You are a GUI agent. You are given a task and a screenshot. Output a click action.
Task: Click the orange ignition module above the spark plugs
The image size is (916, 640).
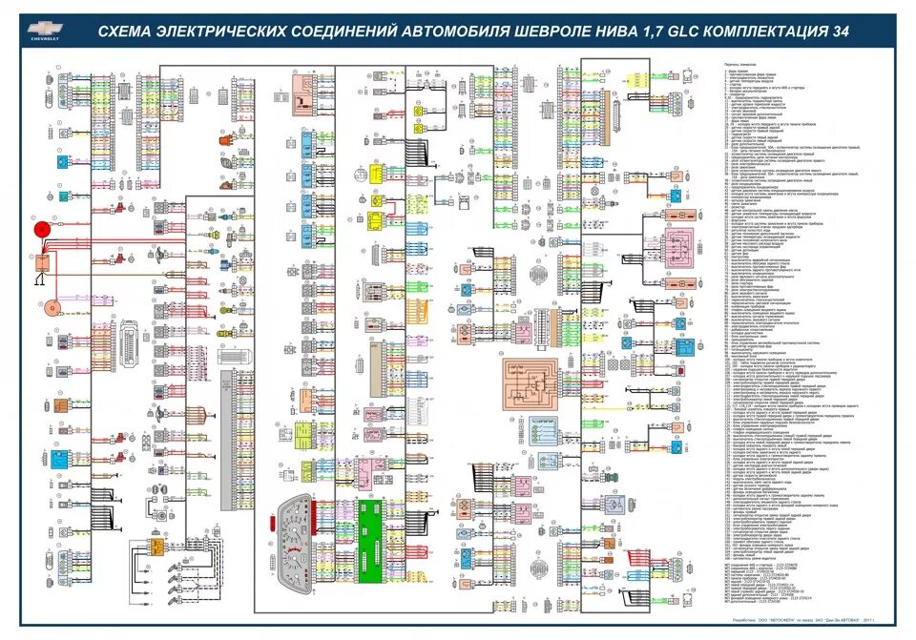[x=157, y=547]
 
